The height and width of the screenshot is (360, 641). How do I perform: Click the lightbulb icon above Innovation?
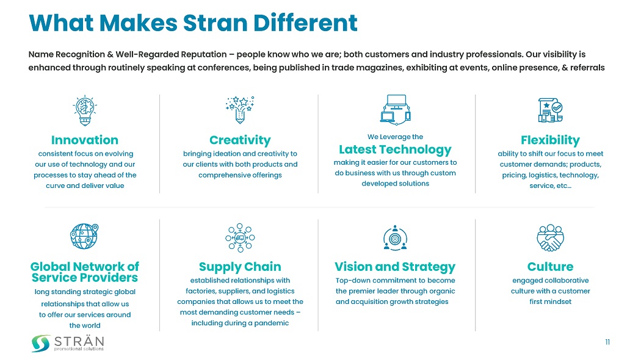click(x=85, y=110)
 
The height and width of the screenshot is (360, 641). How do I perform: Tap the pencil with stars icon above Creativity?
click(x=240, y=109)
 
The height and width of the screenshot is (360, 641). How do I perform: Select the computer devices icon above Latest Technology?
click(x=396, y=109)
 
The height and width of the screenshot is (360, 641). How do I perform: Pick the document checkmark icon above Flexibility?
click(x=550, y=110)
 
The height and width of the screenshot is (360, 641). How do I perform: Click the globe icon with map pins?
click(x=84, y=236)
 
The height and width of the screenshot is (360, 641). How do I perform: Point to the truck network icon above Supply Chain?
click(x=240, y=237)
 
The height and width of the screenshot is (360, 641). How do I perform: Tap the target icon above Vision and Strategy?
click(x=395, y=237)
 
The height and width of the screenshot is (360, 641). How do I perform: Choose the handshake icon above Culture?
click(x=550, y=237)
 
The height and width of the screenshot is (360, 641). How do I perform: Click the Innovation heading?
click(x=85, y=140)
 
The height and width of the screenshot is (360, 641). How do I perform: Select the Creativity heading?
click(x=240, y=140)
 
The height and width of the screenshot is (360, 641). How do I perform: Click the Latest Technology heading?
click(x=396, y=149)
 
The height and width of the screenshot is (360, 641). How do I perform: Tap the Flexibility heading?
click(x=550, y=140)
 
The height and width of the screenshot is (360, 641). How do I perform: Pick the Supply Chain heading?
click(x=240, y=267)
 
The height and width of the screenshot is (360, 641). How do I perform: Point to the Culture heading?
click(x=550, y=267)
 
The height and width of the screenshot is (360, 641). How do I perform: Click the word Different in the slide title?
click(x=305, y=23)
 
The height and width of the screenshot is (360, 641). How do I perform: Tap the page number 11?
click(x=607, y=342)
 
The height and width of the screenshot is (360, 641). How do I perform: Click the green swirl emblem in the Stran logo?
click(x=41, y=344)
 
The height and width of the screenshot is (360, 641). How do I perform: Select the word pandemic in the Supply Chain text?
click(x=272, y=323)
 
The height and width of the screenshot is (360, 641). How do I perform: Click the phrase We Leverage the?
click(x=396, y=137)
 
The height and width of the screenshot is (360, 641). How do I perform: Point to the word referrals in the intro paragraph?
click(x=587, y=67)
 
